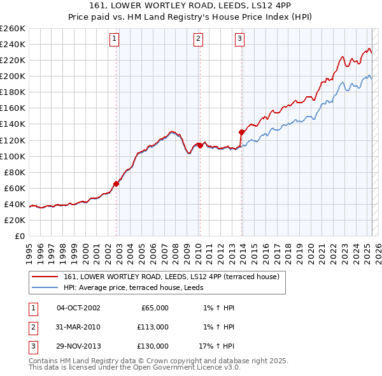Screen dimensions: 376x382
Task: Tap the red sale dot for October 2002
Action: pos(117,184)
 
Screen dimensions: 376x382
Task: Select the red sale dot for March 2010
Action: pos(200,145)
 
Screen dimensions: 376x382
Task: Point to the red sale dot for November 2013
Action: pos(242,132)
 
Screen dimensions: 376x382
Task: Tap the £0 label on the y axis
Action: pos(18,236)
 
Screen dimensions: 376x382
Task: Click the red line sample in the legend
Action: pos(45,277)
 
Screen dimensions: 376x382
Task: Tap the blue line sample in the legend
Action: pos(45,287)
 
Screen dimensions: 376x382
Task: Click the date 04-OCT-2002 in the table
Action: pos(78,308)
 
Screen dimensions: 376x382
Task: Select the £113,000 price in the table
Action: pos(153,327)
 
